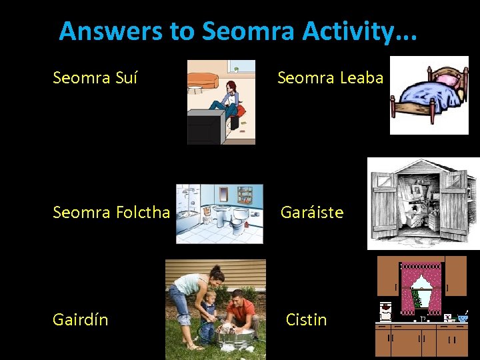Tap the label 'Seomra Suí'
[x=95, y=78]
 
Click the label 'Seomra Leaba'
[x=330, y=78]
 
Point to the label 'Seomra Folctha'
[x=111, y=213]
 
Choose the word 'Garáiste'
[x=312, y=213]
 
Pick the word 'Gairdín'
[x=81, y=320]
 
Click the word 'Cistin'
[x=306, y=320]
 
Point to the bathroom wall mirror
[x=223, y=195]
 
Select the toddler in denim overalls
[x=209, y=313]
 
